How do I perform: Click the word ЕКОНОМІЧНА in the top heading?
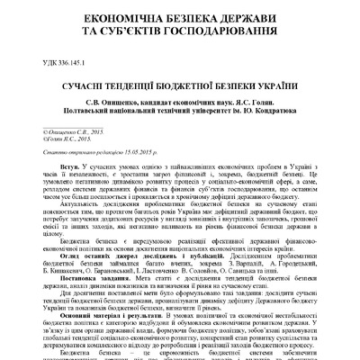tap(98, 19)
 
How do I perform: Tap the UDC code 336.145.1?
tap(71, 63)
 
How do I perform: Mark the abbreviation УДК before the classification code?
tap(43, 63)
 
